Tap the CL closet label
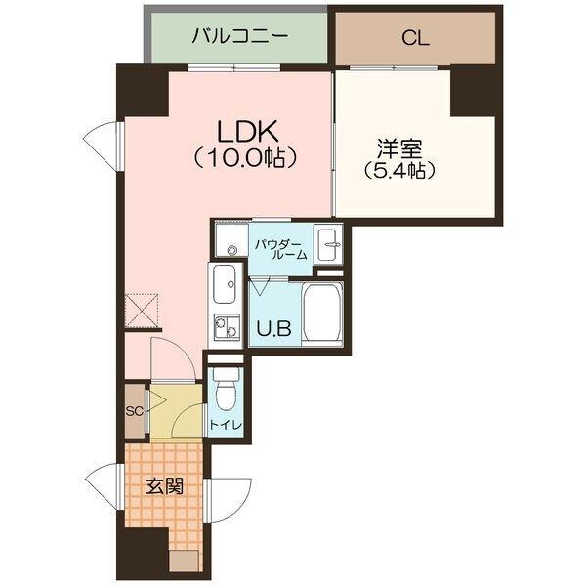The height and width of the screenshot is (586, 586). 415,39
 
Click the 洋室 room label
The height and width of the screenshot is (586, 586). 398,148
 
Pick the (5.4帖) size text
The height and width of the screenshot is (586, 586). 398,170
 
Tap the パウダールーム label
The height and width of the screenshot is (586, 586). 281,248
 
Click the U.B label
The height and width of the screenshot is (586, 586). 273,328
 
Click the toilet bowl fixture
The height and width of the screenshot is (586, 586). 225,393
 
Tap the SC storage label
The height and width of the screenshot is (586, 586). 134,410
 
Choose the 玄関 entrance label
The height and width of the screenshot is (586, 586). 163,484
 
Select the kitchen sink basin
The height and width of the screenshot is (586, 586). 224,286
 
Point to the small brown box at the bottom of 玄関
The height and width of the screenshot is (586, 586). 184,560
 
